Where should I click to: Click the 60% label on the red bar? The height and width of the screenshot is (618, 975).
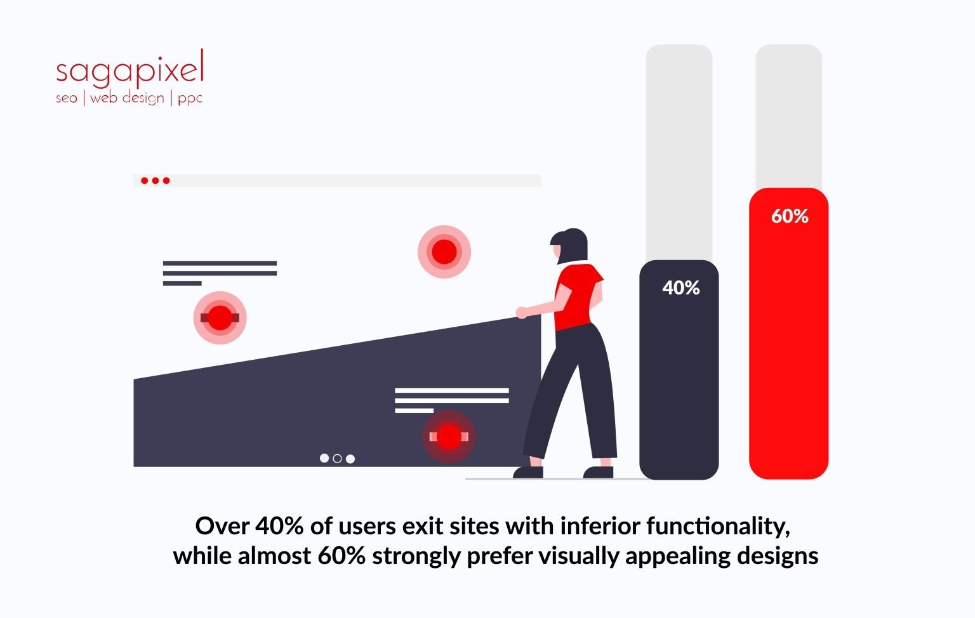(790, 216)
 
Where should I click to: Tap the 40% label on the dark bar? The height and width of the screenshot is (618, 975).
(680, 288)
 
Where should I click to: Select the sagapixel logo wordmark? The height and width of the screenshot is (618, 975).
(130, 69)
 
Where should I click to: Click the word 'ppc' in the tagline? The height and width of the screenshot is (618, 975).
(190, 98)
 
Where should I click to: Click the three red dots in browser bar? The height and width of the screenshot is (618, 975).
(155, 181)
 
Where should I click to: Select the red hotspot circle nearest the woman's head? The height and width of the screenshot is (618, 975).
(444, 252)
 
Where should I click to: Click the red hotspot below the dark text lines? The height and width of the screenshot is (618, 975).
(220, 318)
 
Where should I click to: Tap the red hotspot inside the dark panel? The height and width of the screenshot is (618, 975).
(449, 437)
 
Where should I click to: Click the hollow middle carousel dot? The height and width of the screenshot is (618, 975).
(337, 458)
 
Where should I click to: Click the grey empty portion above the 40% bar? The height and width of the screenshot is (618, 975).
(679, 152)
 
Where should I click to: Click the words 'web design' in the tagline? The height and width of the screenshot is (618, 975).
(127, 98)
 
